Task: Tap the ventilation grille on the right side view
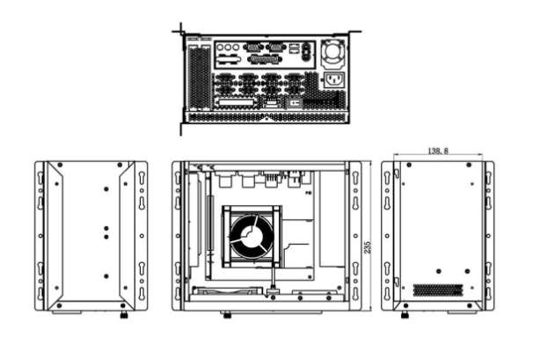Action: (435, 289)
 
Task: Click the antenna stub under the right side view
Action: (405, 314)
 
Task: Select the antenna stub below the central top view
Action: (227, 314)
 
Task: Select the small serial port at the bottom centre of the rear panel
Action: (271, 102)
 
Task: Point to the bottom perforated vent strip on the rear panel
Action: (264, 115)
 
